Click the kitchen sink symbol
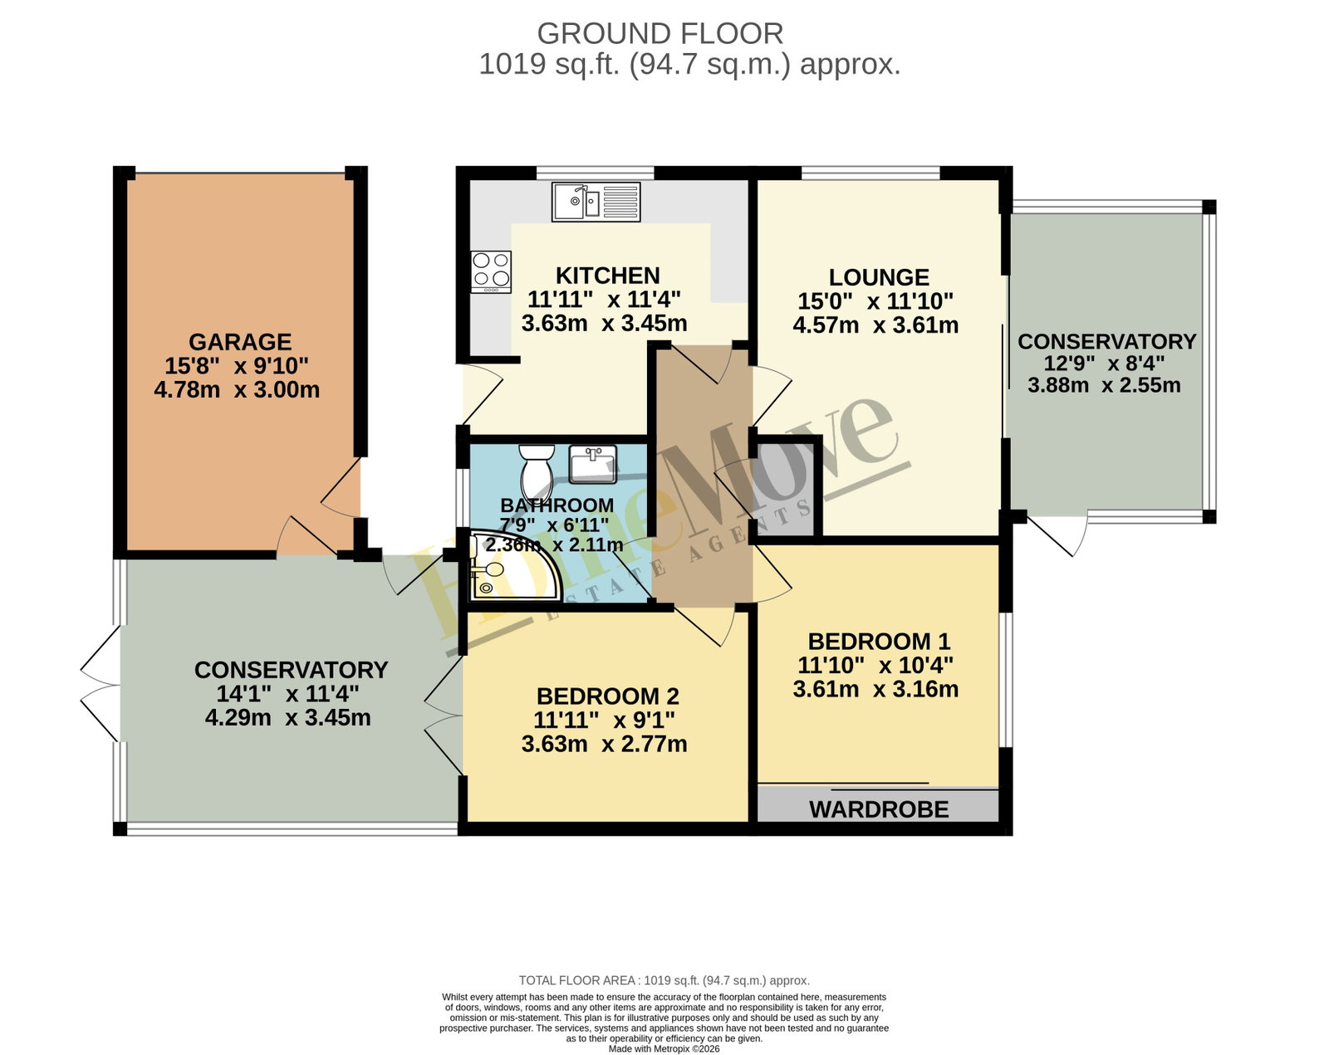tap(596, 202)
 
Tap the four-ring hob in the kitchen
tap(491, 271)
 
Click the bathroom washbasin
tap(592, 464)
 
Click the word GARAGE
tap(240, 342)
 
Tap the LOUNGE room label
tap(879, 277)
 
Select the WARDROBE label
tap(879, 809)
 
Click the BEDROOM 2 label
tap(608, 696)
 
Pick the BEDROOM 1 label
tap(879, 642)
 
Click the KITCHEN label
tap(608, 276)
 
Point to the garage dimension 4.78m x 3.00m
tap(237, 390)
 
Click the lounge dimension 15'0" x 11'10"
tap(875, 301)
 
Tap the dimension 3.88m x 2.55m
tap(1104, 385)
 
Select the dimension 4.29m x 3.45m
tap(287, 718)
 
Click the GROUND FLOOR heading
tap(660, 33)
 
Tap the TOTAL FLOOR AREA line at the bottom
tap(664, 980)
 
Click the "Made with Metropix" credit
tap(664, 1049)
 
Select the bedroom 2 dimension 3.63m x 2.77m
tap(604, 745)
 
